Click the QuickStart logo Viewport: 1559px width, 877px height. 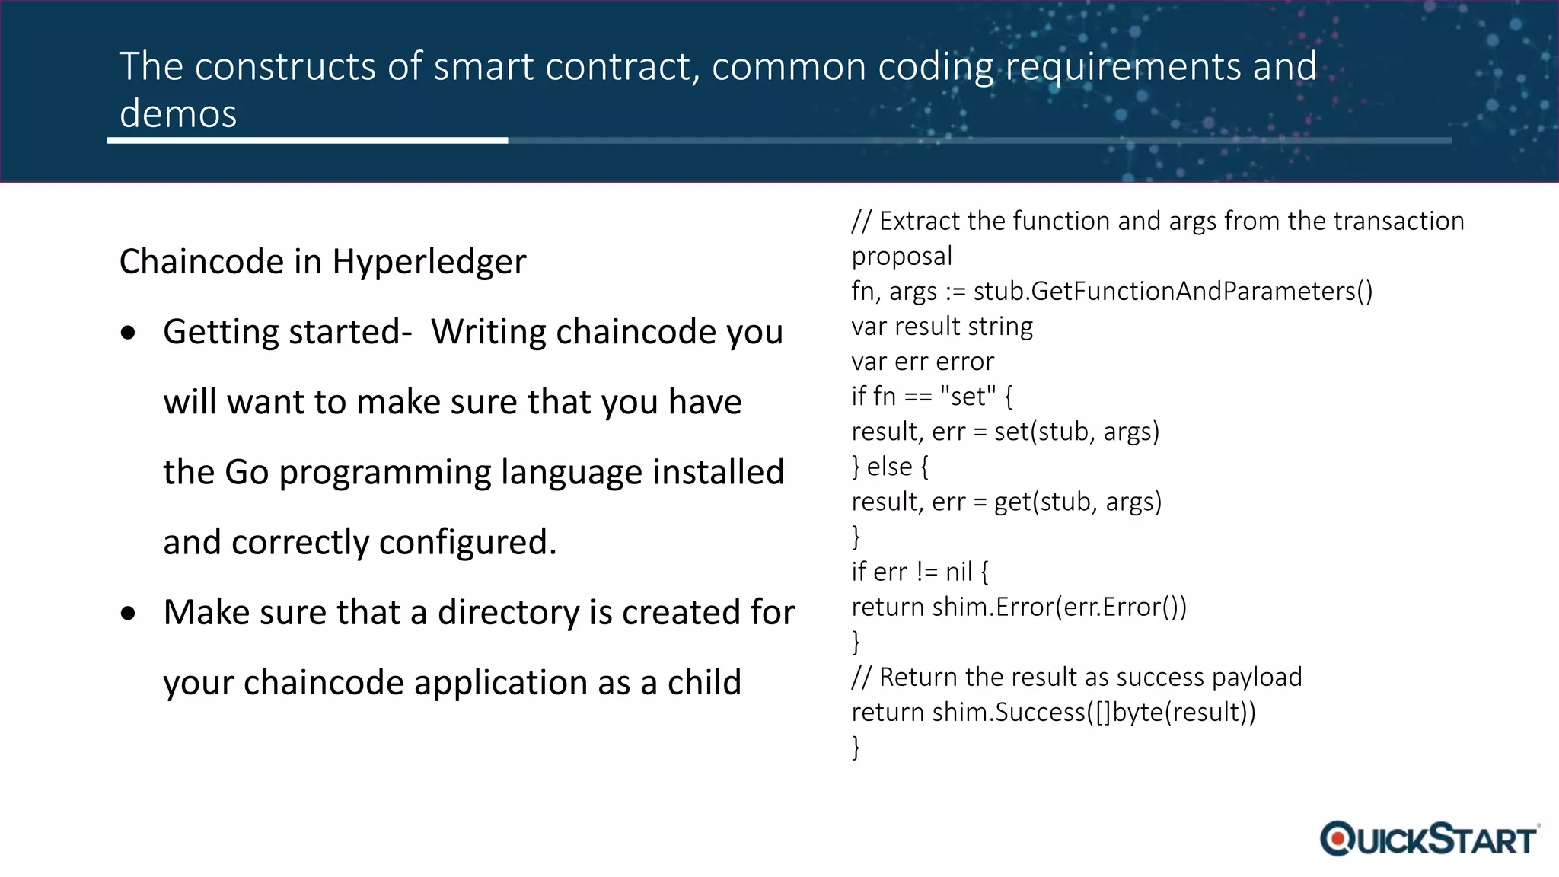(1430, 839)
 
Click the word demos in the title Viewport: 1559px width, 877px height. (178, 114)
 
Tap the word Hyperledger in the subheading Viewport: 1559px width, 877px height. (429, 262)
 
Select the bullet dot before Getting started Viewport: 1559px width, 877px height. (129, 333)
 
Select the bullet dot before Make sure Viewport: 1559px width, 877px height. (129, 613)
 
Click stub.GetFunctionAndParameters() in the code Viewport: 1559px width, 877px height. (1172, 292)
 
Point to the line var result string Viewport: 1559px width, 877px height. (942, 327)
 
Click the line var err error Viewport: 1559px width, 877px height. (923, 362)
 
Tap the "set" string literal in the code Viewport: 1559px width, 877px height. (968, 397)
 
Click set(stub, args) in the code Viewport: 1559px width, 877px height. (1076, 432)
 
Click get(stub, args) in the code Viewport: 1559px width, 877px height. (1077, 502)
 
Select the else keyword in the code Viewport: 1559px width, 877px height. (889, 467)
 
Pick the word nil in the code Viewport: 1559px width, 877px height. (958, 572)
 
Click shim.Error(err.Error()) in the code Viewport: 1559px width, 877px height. (1059, 608)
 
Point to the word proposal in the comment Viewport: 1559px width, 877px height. (901, 257)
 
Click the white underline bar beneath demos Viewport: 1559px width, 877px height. (308, 141)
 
